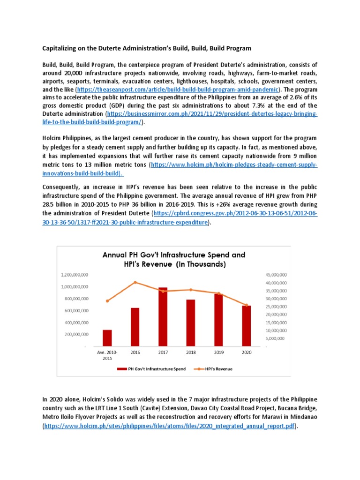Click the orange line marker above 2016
click(135, 282)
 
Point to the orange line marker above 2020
click(247, 305)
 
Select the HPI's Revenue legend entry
click(216, 369)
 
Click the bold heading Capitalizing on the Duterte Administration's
click(147, 48)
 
